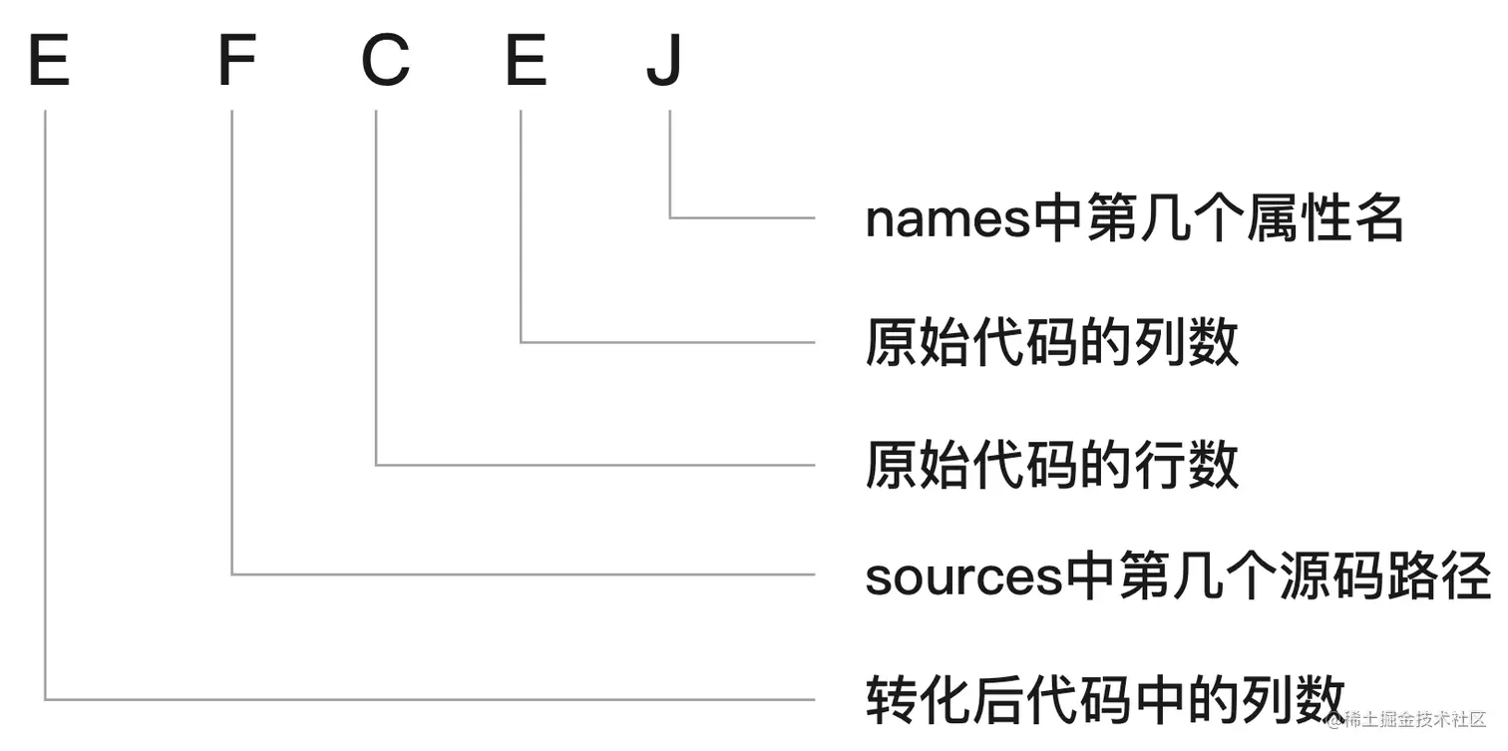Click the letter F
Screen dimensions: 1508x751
coord(236,62)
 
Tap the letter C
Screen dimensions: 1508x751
coord(385,62)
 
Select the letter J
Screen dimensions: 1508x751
coord(664,62)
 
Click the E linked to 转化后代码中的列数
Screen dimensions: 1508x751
coord(48,62)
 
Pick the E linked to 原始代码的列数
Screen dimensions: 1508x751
coord(526,62)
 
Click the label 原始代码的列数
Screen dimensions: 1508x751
coord(1051,343)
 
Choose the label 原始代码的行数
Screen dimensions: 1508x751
coord(1051,465)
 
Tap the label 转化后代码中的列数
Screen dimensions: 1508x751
coord(1105,699)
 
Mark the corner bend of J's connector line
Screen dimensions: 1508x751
coord(670,217)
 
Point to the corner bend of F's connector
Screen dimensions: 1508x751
coord(231,574)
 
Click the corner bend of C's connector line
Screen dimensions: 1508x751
coord(376,465)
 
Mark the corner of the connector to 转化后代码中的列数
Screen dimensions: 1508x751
coord(46,699)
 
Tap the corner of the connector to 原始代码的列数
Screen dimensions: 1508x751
coord(521,342)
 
